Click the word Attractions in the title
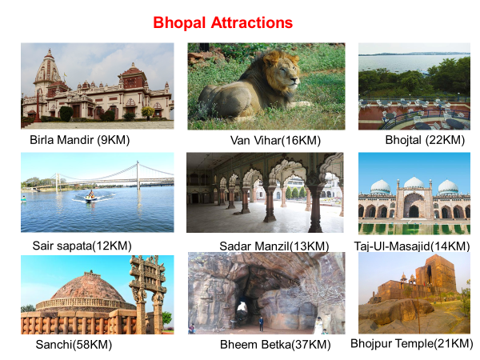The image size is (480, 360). [252, 22]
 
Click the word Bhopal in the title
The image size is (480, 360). [179, 23]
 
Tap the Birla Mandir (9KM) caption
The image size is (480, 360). [79, 140]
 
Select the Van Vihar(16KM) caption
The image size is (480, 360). [275, 141]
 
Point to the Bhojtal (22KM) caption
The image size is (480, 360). [425, 140]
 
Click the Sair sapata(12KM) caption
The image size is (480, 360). [82, 246]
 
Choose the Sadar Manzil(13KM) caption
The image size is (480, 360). [274, 246]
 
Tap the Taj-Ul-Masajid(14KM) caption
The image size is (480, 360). [412, 246]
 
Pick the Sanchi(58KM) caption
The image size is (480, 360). [74, 345]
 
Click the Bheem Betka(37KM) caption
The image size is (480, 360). [275, 345]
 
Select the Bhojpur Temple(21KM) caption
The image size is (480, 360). [412, 343]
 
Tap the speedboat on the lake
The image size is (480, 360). [91, 197]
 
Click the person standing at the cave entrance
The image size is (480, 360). [261, 324]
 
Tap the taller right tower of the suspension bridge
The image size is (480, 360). [138, 176]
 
